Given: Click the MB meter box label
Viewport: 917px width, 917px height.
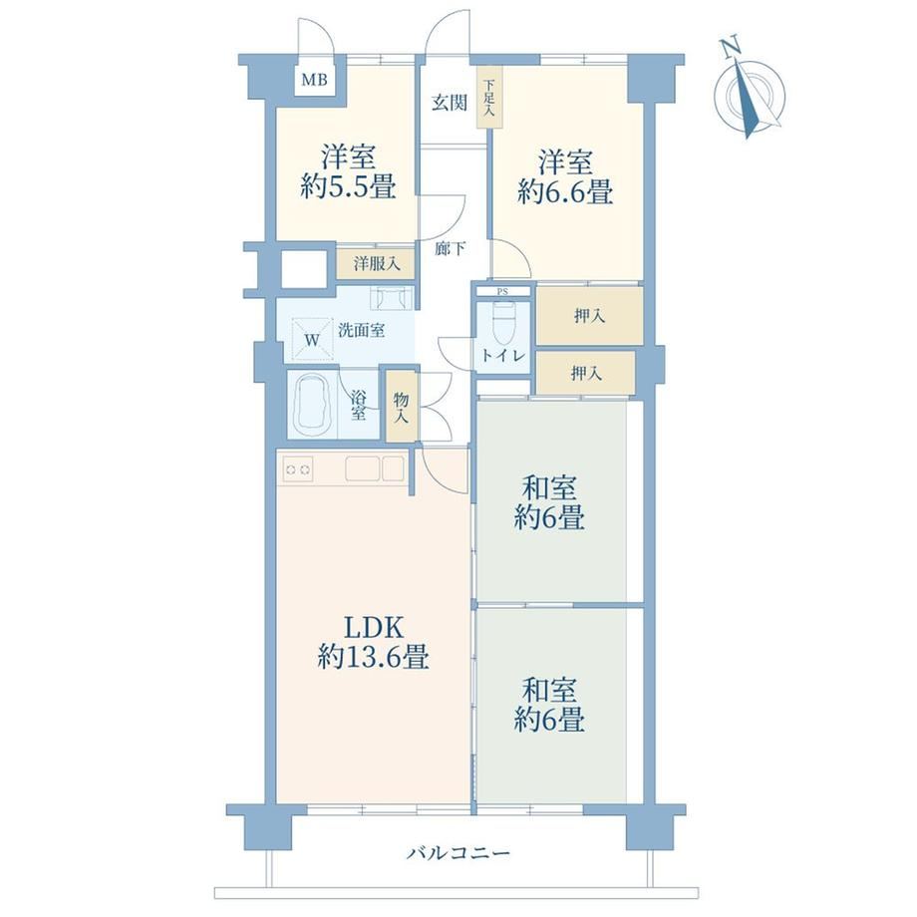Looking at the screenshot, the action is pos(314,80).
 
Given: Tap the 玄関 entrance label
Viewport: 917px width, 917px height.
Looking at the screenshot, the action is pos(450,103).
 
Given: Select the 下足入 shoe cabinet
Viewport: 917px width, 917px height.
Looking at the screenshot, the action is pos(489,97).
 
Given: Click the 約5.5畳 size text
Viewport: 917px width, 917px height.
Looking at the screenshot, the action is pos(349,186).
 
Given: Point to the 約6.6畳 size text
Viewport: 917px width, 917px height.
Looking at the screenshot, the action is pos(565,191).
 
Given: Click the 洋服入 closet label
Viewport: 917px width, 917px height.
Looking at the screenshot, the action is pos(377,264).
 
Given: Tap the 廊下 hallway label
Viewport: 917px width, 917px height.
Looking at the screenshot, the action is pos(450,249).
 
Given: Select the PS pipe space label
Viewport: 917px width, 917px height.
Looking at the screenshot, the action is pos(502,291).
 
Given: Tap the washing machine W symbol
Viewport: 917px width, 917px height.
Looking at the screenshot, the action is pos(312,340).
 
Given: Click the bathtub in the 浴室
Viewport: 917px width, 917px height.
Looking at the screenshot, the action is pos(312,405).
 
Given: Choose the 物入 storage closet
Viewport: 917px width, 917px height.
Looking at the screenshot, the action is pos(401,407).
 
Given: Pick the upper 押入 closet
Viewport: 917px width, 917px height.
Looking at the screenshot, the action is pos(589,316).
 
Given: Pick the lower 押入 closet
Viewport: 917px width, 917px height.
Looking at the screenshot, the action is pos(585,373).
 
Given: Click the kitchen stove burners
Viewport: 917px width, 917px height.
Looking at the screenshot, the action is pos(298,469).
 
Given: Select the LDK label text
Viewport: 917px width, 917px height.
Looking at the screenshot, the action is pos(373,628).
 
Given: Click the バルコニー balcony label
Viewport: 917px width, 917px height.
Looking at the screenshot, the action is pos(458,853).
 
